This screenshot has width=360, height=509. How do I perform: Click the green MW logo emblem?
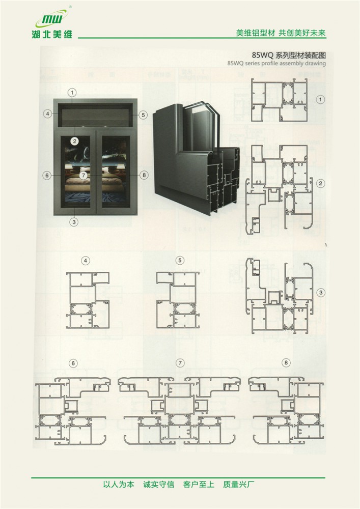pos(52,18)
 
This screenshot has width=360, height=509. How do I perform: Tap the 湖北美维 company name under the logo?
pos(52,34)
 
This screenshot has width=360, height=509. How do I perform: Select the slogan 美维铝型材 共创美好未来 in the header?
pos(281,33)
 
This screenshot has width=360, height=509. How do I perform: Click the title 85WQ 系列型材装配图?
pos(289,55)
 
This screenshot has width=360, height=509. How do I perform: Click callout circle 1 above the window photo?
pos(72,93)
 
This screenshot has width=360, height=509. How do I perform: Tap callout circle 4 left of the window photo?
pos(48,114)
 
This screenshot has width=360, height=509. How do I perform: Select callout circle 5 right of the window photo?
pos(143,115)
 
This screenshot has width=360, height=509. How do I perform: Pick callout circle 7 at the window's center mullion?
pos(84,175)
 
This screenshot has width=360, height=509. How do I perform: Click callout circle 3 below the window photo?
pos(74,222)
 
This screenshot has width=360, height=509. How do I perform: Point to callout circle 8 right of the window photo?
pos(144,175)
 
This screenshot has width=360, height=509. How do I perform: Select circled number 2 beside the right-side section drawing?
pos(320,183)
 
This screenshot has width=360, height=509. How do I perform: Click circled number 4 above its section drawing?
pos(86,261)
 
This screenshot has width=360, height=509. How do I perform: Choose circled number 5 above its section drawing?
pos(180,260)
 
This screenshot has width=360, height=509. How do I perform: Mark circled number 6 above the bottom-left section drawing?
pos(73,363)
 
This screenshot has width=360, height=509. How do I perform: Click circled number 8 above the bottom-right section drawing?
pos(286,362)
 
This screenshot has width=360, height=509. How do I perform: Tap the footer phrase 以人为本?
pos(119,485)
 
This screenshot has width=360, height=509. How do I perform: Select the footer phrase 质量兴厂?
pos(239,485)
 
